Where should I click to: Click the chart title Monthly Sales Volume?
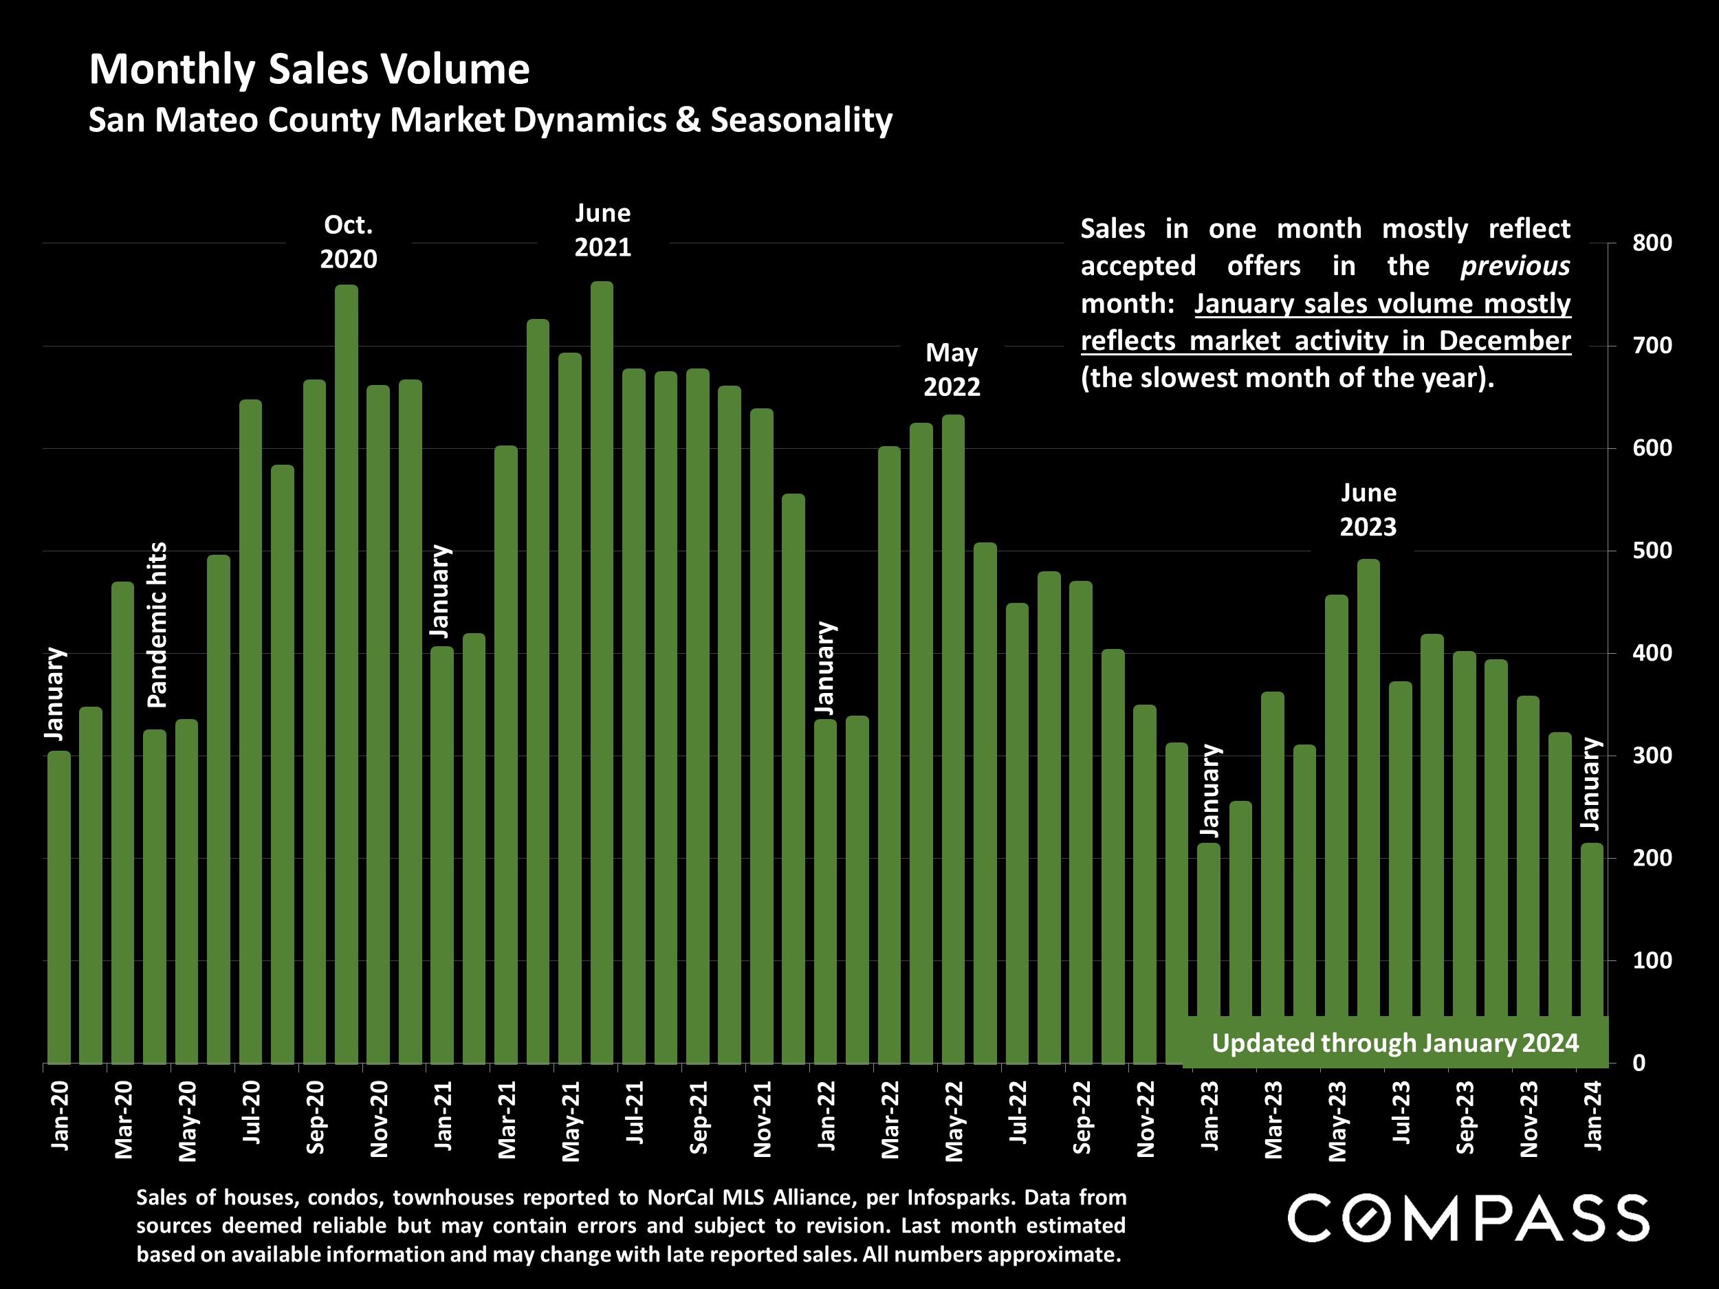point(309,69)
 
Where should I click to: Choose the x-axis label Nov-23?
point(1529,1119)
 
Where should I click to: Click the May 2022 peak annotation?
point(951,370)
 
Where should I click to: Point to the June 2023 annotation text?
point(1368,509)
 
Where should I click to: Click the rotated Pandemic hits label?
point(157,625)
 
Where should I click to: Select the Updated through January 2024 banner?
point(1395,1043)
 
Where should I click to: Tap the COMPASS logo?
point(1468,1218)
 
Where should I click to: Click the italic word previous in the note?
point(1515,266)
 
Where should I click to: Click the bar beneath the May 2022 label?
point(954,738)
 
